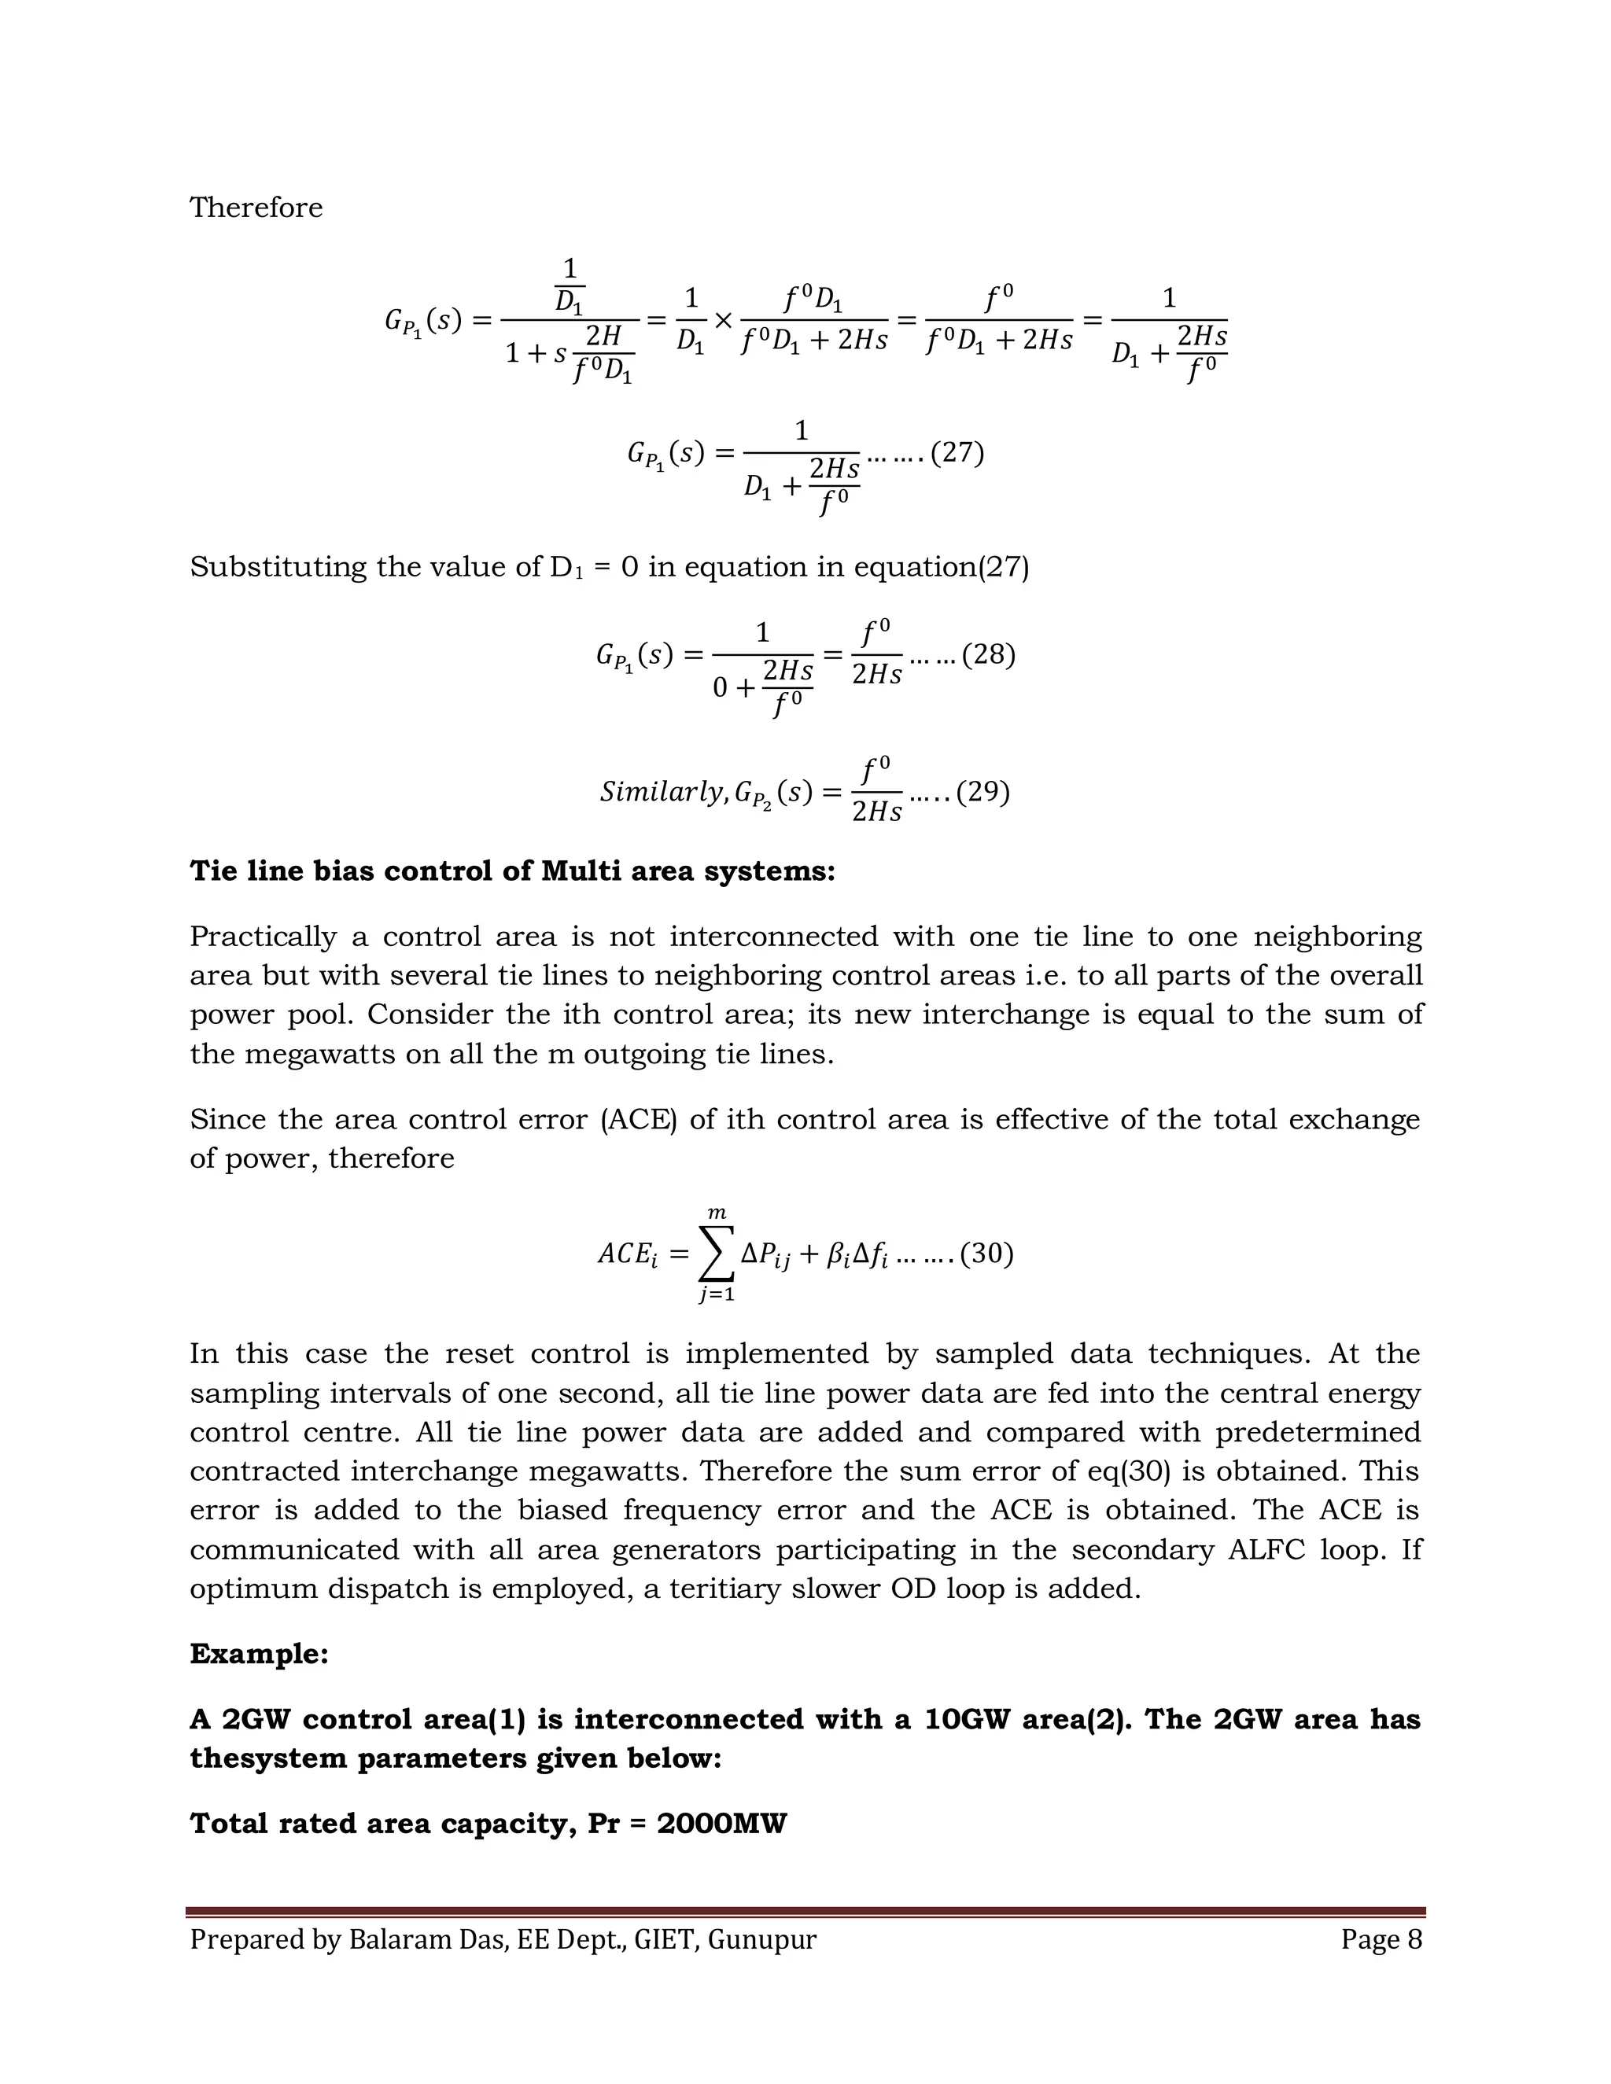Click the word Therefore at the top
tap(256, 208)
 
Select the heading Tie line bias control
tap(513, 871)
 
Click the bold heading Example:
tap(259, 1654)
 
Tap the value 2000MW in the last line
tap(721, 1824)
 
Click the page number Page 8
tap(1381, 1940)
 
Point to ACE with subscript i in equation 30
tap(627, 1254)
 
